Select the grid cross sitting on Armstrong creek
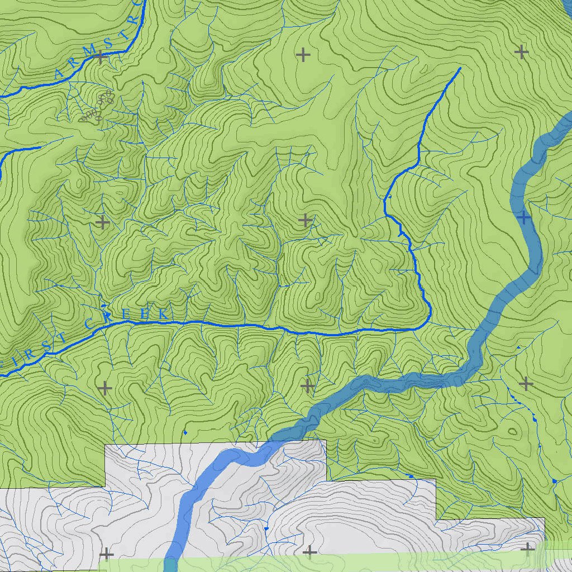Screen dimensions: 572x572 pyautogui.click(x=101, y=56)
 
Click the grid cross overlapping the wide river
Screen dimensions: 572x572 pyautogui.click(x=523, y=217)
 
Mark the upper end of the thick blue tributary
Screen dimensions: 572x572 pyautogui.click(x=459, y=68)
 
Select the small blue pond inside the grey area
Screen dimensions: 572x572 pyautogui.click(x=267, y=528)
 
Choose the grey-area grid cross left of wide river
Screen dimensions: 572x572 pyautogui.click(x=106, y=554)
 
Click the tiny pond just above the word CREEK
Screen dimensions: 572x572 pyautogui.click(x=101, y=297)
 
